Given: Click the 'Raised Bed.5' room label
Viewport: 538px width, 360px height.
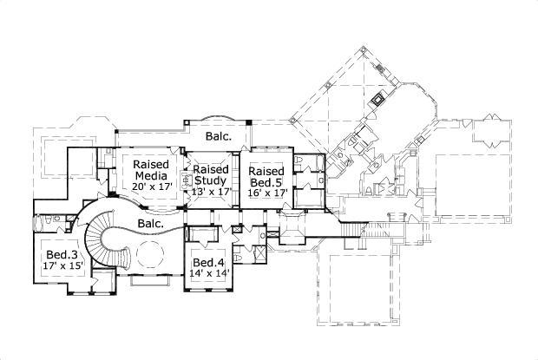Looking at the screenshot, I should pyautogui.click(x=266, y=177).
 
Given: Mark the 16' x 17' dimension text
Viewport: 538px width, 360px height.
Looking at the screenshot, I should pyautogui.click(x=266, y=194).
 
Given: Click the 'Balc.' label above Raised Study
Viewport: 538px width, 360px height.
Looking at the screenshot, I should pyautogui.click(x=218, y=136).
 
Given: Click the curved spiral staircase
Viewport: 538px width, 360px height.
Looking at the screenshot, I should pyautogui.click(x=108, y=239).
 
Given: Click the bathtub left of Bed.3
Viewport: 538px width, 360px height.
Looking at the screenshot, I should pyautogui.click(x=40, y=225).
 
